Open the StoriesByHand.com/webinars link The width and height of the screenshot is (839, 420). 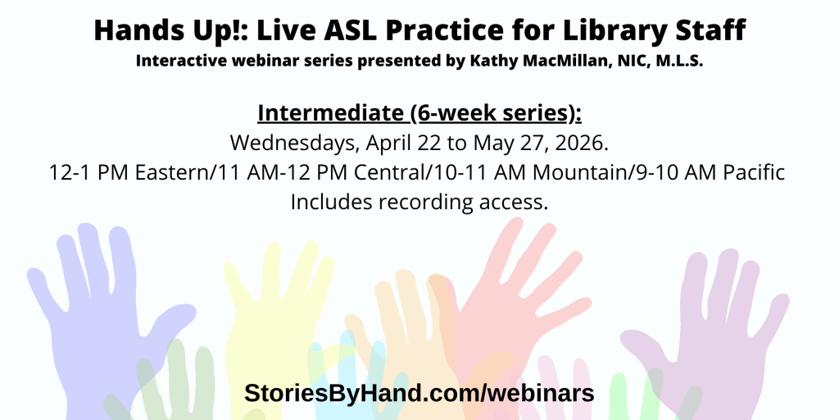point(419,393)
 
